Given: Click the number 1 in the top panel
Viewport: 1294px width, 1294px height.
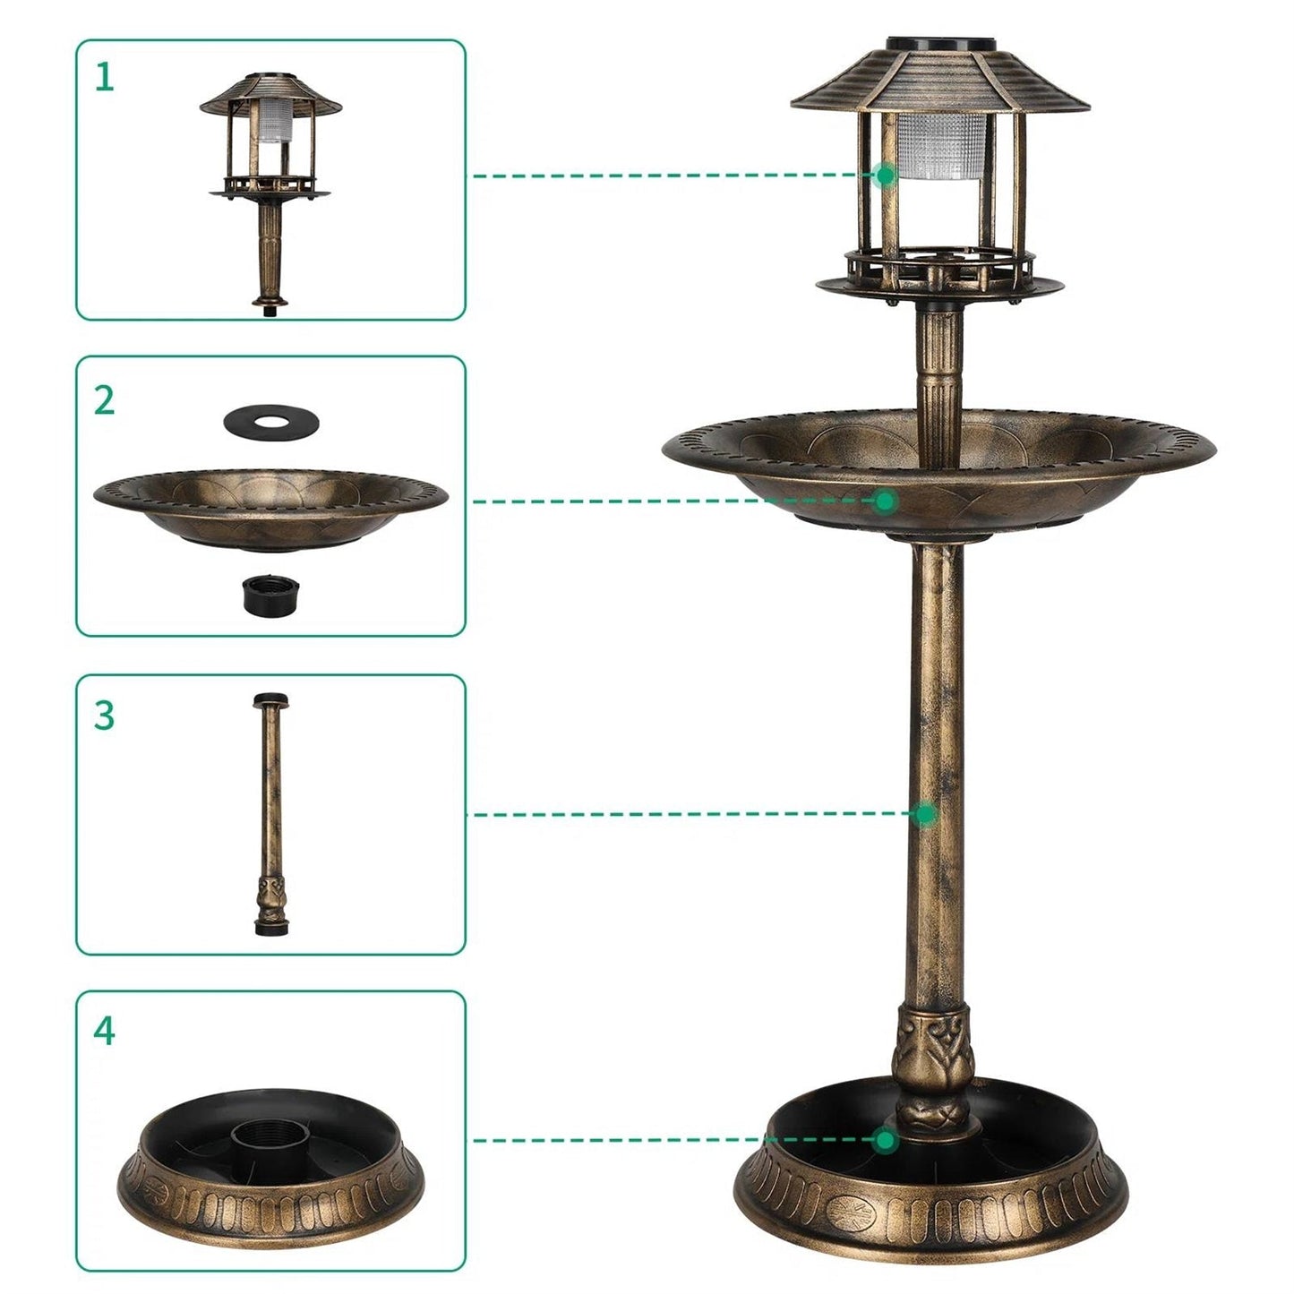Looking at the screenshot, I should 105,79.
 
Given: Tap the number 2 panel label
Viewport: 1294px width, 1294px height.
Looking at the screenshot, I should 105,400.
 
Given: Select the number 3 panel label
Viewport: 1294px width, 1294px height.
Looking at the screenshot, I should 105,716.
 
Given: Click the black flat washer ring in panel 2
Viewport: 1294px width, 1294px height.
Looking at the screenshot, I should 270,419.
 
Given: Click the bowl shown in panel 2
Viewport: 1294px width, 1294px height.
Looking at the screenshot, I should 270,507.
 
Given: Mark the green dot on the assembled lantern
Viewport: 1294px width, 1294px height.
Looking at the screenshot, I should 886,176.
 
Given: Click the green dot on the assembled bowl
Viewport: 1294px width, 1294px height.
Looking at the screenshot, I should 886,501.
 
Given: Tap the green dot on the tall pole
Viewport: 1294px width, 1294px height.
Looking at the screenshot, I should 926,814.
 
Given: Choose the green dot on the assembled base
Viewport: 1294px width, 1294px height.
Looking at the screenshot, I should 886,1140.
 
